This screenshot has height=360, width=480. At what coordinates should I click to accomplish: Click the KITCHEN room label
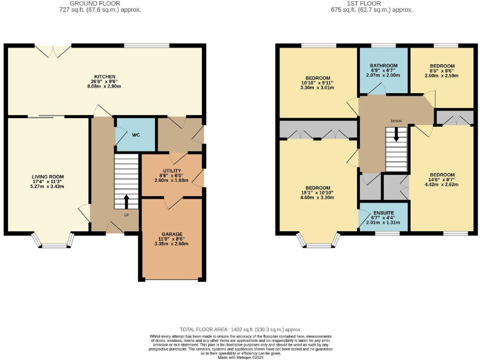(105, 76)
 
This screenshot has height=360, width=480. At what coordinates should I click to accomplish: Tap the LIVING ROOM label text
(49, 176)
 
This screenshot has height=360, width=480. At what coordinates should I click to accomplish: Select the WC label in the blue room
(136, 134)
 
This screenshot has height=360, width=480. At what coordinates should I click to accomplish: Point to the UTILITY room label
(172, 170)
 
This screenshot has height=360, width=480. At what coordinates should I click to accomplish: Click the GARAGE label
(172, 235)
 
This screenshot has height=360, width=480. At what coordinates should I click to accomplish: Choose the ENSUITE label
(384, 212)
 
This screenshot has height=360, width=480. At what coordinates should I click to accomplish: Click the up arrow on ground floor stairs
(126, 201)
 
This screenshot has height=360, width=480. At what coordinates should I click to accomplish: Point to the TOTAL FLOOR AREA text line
(240, 329)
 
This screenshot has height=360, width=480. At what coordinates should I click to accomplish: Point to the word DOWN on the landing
(396, 121)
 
